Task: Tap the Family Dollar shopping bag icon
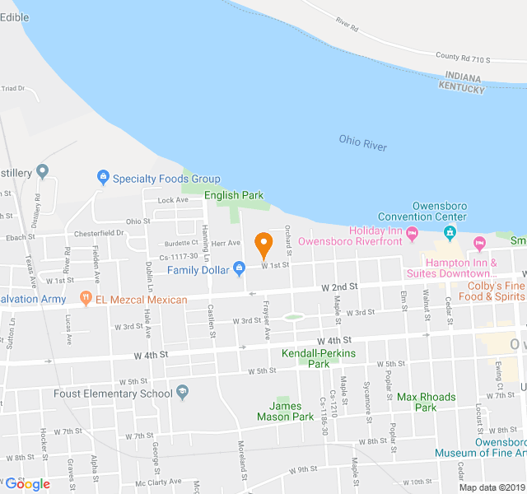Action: tap(239, 268)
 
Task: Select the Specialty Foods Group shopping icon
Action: tap(103, 176)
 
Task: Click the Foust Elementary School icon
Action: tap(183, 392)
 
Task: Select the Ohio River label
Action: tap(362, 142)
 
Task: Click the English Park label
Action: tap(234, 196)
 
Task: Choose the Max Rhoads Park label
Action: tap(426, 402)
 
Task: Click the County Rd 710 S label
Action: tap(463, 58)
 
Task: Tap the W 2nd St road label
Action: tap(338, 287)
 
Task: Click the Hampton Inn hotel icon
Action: tap(478, 243)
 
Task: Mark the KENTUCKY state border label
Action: tap(461, 86)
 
